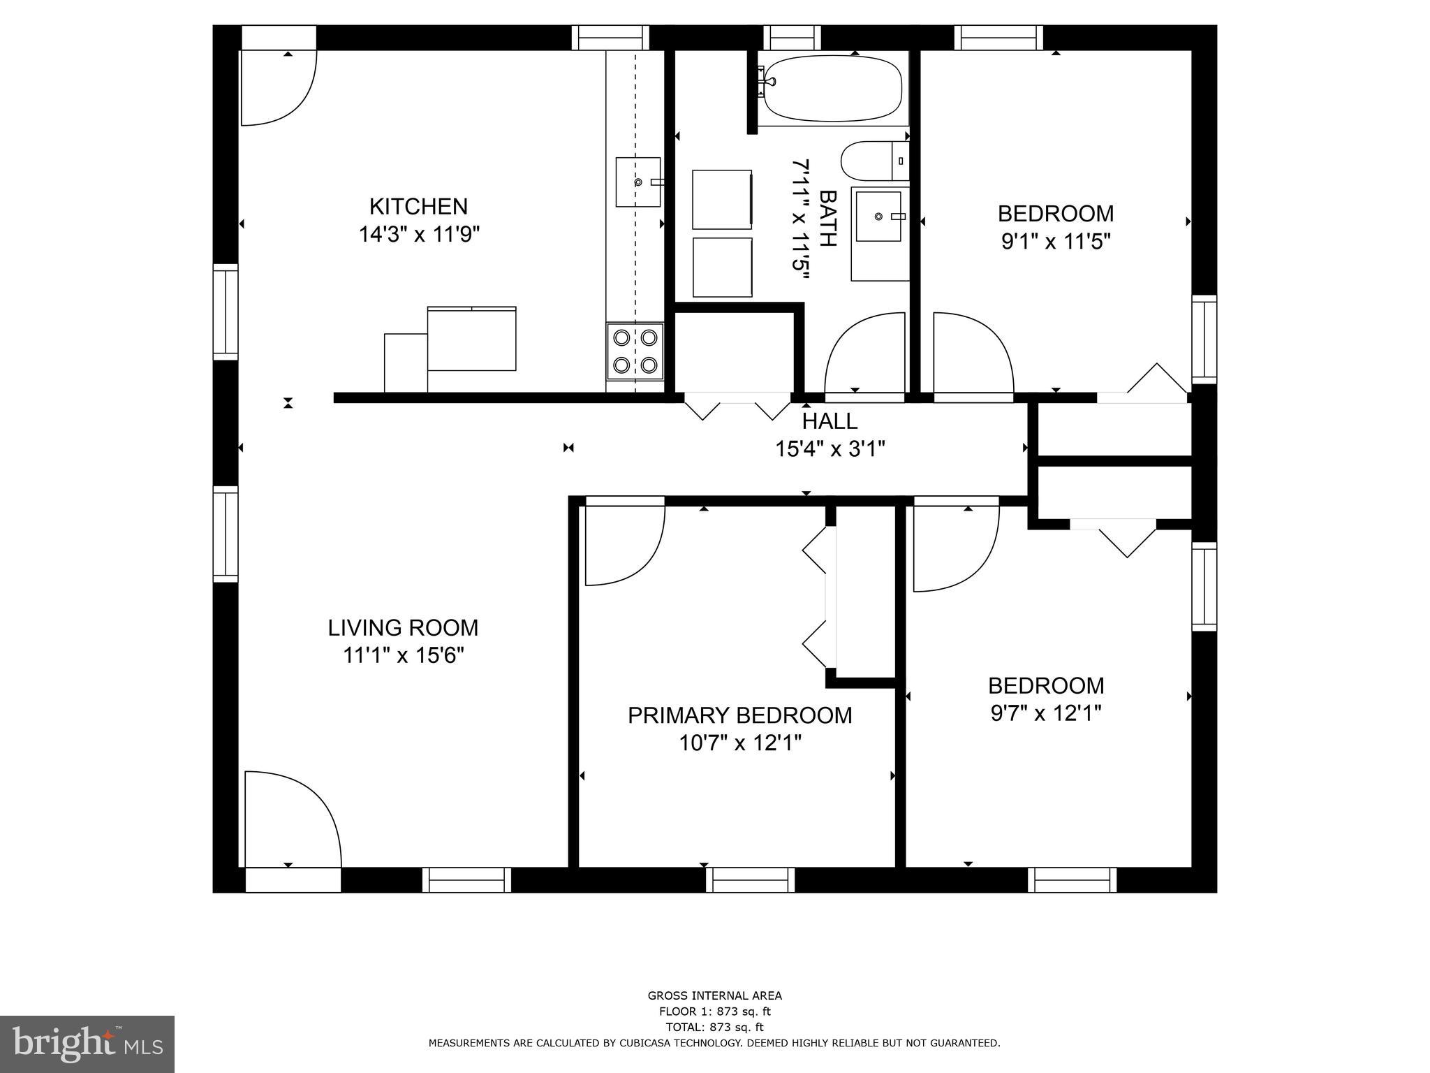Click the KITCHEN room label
coord(418,207)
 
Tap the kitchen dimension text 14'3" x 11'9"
coord(419,234)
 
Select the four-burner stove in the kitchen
coord(635,351)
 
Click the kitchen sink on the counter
coord(637,182)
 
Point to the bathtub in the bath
coord(832,89)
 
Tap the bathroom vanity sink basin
coord(878,217)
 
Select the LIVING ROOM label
coord(403,628)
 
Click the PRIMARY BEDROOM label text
coord(739,715)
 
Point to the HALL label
coord(830,421)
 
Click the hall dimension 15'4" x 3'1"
coord(830,448)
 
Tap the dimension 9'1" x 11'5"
coord(1055,242)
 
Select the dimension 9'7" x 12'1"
coord(1045,714)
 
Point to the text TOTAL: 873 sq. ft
coord(714,1027)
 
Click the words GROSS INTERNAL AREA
coord(714,995)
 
